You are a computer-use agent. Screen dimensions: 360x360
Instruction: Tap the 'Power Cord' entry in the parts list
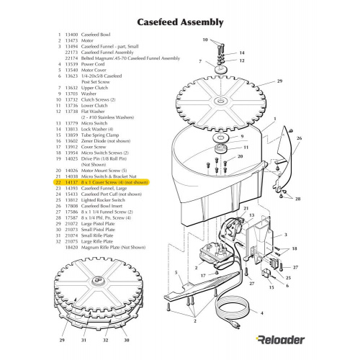(x=78, y=64)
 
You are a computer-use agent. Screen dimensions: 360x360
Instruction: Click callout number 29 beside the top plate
(x=279, y=82)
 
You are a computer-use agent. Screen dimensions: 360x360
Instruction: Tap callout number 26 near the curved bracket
(x=299, y=138)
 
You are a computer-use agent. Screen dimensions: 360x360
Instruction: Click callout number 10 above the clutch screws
(x=204, y=40)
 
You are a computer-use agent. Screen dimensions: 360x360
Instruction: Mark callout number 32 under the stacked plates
(x=106, y=338)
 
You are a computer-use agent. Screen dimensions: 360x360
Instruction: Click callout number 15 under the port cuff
(x=271, y=287)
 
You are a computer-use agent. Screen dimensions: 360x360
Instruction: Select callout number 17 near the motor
(x=204, y=274)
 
